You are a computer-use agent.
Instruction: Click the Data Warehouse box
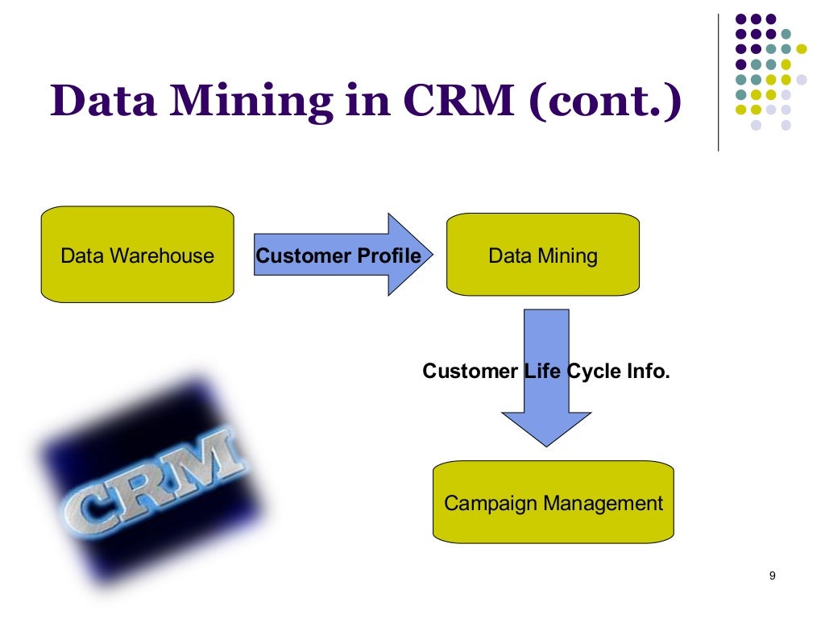click(x=137, y=255)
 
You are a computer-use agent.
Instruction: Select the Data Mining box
click(x=542, y=255)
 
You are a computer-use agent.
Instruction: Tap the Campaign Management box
click(x=553, y=502)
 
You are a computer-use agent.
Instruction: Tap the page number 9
click(x=772, y=575)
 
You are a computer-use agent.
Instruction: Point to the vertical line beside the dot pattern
click(x=717, y=81)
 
